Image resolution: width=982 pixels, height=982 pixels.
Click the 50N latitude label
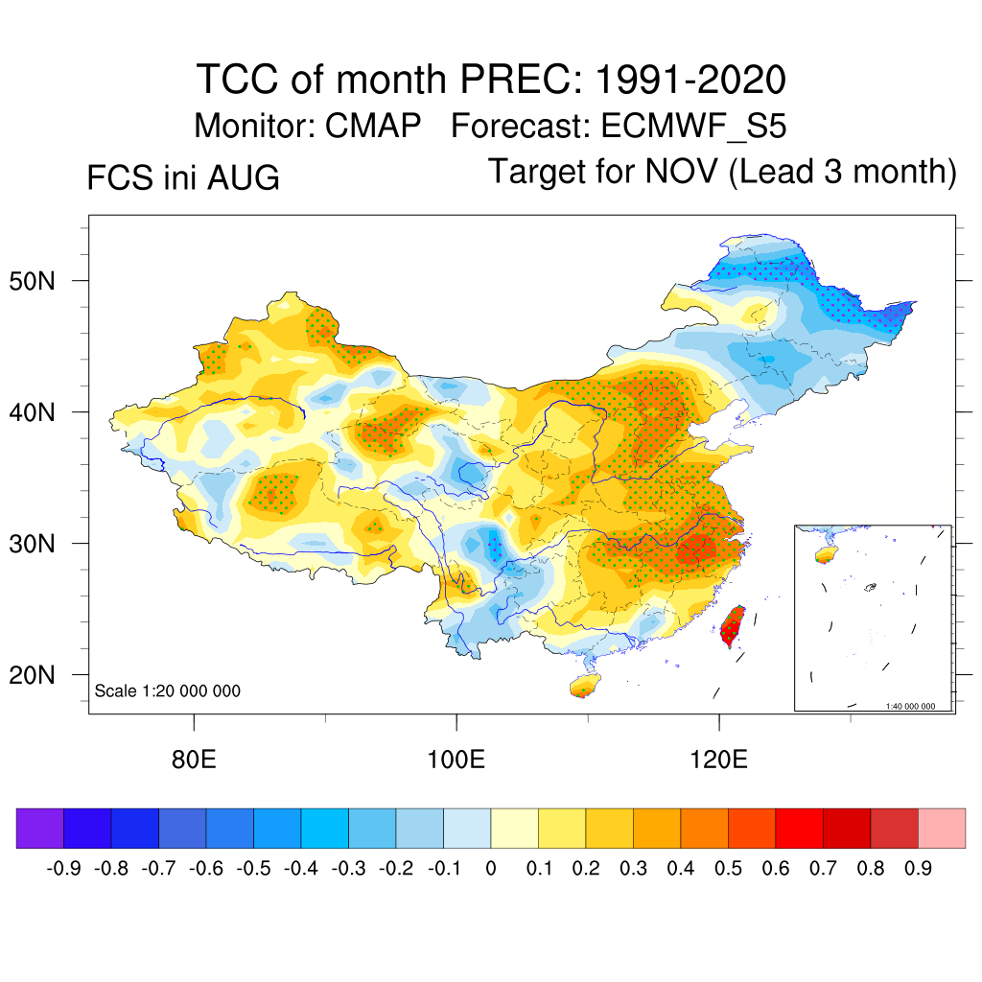(x=32, y=281)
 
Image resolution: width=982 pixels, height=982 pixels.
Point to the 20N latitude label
(x=32, y=675)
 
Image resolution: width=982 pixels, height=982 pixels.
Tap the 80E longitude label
(x=194, y=760)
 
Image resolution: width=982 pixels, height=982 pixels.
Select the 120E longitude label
(x=719, y=760)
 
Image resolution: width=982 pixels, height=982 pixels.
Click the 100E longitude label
(x=456, y=760)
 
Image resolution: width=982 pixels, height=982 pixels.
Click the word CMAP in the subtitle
(x=373, y=126)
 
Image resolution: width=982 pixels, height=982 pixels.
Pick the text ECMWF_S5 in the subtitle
(x=693, y=126)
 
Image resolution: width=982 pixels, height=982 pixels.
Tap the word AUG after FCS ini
(x=244, y=177)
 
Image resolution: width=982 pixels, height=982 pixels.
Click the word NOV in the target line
(x=682, y=172)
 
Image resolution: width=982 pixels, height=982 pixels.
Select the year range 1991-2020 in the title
(x=690, y=80)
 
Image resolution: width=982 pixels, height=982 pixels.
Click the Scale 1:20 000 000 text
(x=167, y=690)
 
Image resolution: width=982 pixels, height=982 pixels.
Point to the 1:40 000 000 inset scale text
(x=910, y=707)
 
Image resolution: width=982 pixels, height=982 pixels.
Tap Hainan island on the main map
(x=585, y=685)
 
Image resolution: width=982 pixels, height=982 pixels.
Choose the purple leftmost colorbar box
(x=40, y=828)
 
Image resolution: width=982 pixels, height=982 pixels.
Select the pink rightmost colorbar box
(x=942, y=828)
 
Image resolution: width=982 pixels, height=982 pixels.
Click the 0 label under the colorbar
(x=491, y=869)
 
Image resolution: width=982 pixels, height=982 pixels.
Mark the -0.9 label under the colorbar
(x=64, y=869)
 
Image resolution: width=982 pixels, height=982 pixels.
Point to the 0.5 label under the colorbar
(x=729, y=869)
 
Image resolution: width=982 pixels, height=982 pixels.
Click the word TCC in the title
(x=238, y=80)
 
